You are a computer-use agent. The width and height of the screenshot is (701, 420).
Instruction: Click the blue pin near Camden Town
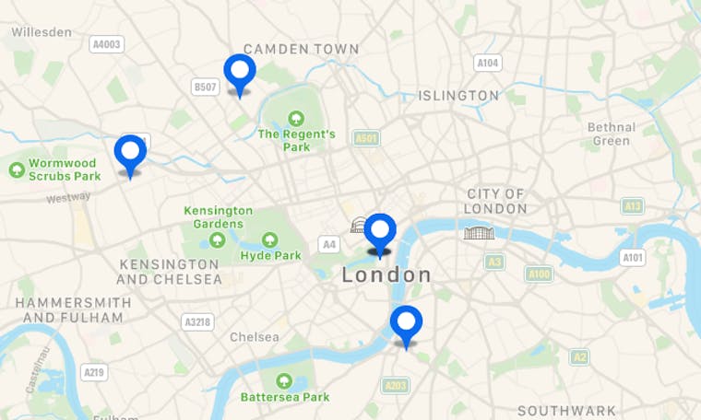(240, 71)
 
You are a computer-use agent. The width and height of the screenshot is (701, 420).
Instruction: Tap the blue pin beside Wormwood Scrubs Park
(130, 151)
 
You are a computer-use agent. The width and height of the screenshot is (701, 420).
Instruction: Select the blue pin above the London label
(380, 229)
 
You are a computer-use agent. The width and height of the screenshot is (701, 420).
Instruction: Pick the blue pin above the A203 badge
(406, 322)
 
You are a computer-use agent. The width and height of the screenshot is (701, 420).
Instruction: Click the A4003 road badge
(107, 43)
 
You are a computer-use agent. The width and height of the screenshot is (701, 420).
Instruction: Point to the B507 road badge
(205, 87)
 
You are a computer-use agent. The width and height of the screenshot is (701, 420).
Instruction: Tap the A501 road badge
(366, 138)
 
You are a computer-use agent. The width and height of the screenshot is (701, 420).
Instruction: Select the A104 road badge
(488, 63)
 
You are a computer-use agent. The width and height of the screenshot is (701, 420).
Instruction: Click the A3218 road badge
(197, 321)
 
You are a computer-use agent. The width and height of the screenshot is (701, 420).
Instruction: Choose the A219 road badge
(93, 372)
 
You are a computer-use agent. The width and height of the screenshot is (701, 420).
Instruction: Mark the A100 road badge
(539, 274)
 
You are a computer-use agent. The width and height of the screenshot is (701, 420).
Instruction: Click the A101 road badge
(632, 257)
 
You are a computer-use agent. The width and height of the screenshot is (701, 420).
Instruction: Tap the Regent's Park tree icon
(296, 118)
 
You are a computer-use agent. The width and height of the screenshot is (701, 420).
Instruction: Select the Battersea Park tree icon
(284, 380)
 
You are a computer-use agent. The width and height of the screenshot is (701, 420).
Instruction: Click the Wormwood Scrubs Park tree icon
(17, 169)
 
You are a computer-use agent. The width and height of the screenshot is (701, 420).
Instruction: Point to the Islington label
(458, 96)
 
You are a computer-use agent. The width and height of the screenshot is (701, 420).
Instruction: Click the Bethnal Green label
(612, 134)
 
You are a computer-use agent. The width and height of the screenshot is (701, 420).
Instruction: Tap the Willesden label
(42, 32)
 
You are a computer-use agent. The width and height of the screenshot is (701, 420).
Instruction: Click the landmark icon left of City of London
(479, 232)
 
